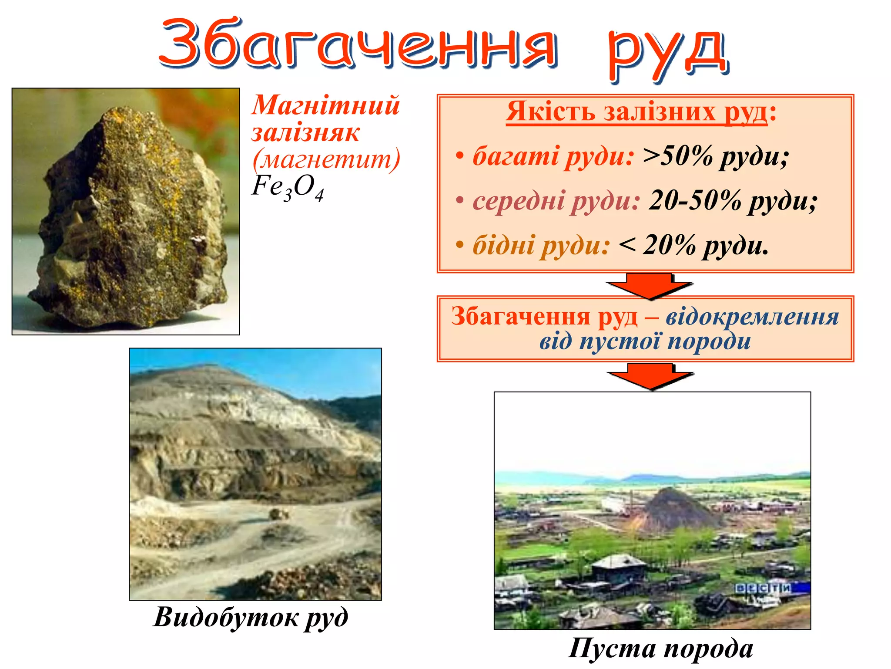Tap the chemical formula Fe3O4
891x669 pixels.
coord(288,188)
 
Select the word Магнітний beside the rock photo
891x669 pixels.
coord(325,106)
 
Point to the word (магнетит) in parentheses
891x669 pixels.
coord(326,159)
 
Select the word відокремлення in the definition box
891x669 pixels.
coord(752,317)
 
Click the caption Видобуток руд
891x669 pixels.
coord(251,618)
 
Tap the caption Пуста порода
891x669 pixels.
coord(661,649)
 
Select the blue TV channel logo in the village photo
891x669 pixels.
coord(763,588)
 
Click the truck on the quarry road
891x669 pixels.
coord(279,514)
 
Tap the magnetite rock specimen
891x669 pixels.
coord(131,218)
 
